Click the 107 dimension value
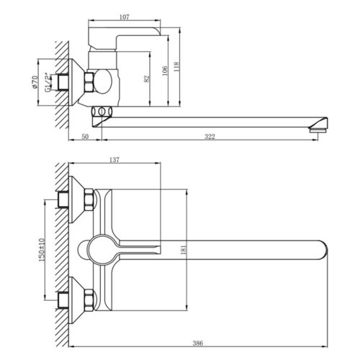click(x=125, y=17)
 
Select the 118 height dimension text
click(x=176, y=67)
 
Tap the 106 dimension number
click(x=165, y=71)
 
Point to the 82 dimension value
click(x=147, y=78)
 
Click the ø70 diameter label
click(x=35, y=82)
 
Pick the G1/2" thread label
click(x=48, y=83)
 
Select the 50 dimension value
click(x=85, y=137)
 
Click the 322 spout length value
click(x=210, y=137)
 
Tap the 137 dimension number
click(x=114, y=160)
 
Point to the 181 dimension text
click(x=184, y=250)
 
